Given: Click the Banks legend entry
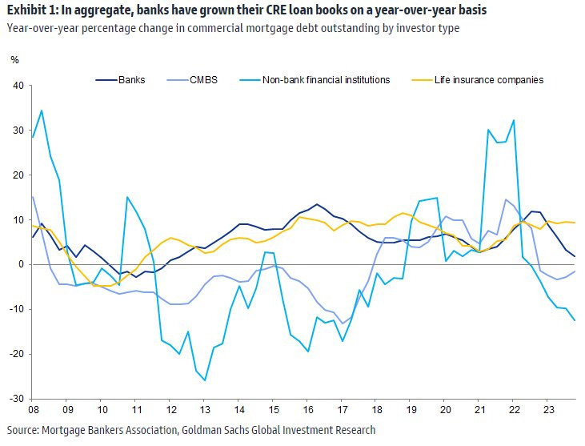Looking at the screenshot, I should [x=131, y=79].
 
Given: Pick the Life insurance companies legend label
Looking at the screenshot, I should [x=488, y=79].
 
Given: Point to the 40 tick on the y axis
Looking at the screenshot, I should [x=18, y=86].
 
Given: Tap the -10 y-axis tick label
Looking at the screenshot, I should [x=16, y=309].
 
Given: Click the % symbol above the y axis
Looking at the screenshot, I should [x=14, y=60].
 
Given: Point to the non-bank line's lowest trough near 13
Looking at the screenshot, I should [x=205, y=380].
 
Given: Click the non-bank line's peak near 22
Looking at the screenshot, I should [x=513, y=120].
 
